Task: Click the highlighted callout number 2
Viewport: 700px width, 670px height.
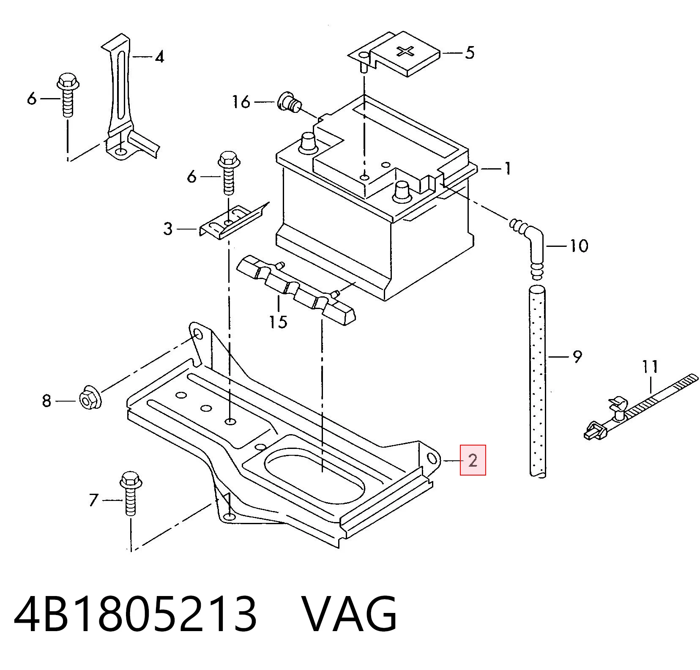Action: pyautogui.click(x=473, y=460)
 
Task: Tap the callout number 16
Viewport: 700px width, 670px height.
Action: pyautogui.click(x=241, y=102)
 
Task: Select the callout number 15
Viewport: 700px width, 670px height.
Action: pyautogui.click(x=279, y=322)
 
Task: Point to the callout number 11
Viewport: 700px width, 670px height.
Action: pyautogui.click(x=650, y=366)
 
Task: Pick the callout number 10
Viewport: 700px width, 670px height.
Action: pyautogui.click(x=579, y=246)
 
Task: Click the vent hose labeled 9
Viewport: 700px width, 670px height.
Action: pyautogui.click(x=537, y=382)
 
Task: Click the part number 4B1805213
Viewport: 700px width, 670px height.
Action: pyautogui.click(x=135, y=613)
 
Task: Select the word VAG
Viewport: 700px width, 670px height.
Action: pyautogui.click(x=349, y=613)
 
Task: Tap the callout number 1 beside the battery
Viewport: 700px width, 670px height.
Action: pyautogui.click(x=507, y=169)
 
